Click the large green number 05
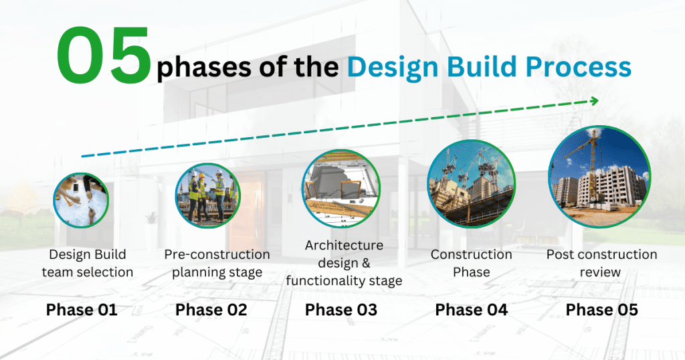(104, 56)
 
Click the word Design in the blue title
(393, 68)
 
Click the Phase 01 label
(82, 310)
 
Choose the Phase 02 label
(211, 310)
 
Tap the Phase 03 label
(340, 310)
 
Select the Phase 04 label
(472, 310)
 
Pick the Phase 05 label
(601, 310)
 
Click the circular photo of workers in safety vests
(208, 196)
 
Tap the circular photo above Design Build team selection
(81, 200)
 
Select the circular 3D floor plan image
(341, 189)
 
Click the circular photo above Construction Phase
(472, 184)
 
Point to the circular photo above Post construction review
(600, 177)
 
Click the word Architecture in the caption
(344, 246)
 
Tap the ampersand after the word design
(365, 263)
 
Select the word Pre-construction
(217, 254)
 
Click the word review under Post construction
(600, 272)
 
